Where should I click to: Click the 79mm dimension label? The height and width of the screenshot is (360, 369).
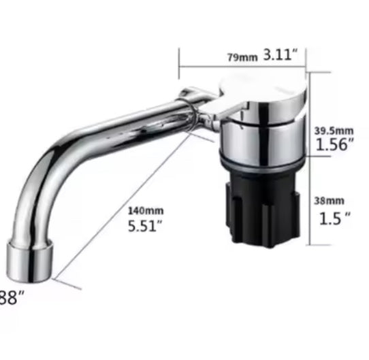[x=242, y=57]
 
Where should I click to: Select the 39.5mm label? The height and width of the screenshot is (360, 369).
[x=334, y=130]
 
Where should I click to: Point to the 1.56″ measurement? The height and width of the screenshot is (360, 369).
[x=334, y=144]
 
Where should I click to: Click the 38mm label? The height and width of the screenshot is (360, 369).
[x=330, y=201]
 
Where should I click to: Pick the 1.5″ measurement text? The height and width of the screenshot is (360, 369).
[x=334, y=218]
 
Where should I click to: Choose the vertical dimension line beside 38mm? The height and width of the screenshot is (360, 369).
[x=310, y=208]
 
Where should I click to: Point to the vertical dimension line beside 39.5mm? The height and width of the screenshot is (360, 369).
[x=310, y=122]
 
